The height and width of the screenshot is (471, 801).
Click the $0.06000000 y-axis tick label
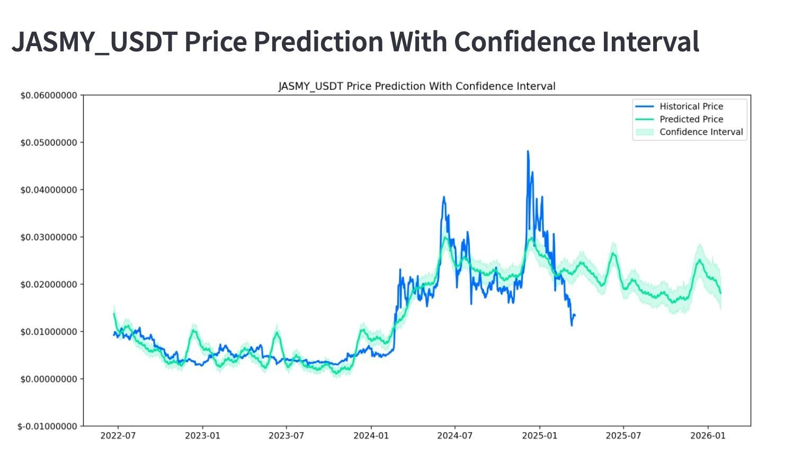(x=49, y=95)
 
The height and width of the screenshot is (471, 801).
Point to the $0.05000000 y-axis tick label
(x=49, y=143)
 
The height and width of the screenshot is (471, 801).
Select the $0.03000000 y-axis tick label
(x=49, y=237)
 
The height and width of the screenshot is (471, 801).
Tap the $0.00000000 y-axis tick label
(x=49, y=379)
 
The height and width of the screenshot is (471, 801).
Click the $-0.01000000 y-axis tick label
(x=48, y=427)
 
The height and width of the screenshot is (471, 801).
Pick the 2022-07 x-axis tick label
(x=118, y=436)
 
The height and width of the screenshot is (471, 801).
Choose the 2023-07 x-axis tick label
(x=287, y=436)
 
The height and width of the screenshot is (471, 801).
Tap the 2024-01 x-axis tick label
(x=371, y=436)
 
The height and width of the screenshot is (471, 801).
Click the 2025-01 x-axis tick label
(x=539, y=436)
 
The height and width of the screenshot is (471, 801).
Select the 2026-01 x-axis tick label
(x=708, y=436)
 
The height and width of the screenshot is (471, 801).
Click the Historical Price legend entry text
(x=691, y=106)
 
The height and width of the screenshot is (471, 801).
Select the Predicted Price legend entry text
(x=691, y=119)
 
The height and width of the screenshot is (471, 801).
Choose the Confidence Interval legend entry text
(x=701, y=132)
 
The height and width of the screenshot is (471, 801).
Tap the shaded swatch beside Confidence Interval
(x=644, y=132)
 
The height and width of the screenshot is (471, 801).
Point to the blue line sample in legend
(x=644, y=106)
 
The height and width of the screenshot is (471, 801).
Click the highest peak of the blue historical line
(x=528, y=151)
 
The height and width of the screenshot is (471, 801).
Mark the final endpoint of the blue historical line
(x=575, y=315)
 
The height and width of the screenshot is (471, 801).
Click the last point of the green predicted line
(x=720, y=293)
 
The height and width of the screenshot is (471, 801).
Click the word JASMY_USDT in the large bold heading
(x=94, y=41)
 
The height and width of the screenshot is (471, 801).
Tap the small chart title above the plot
(x=417, y=86)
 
